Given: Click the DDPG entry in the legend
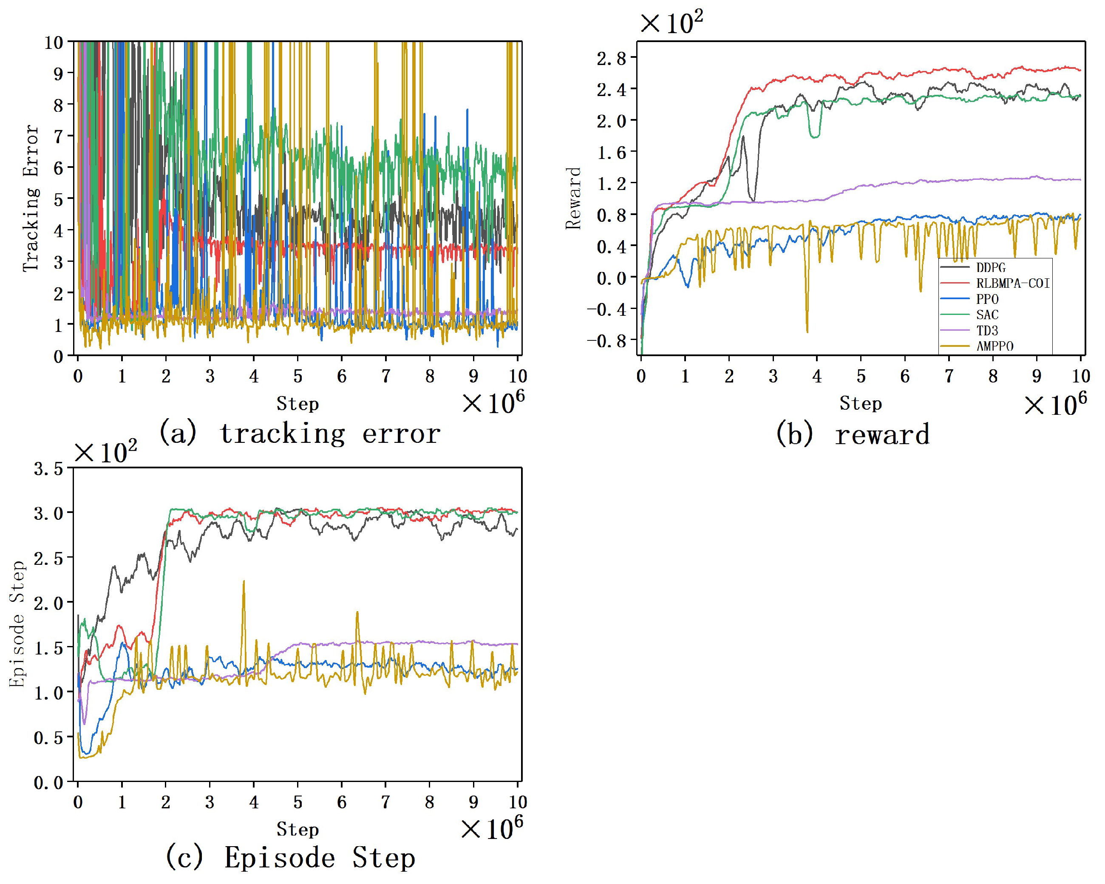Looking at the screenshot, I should tap(990, 267).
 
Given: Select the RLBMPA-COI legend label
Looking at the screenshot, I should tap(1012, 283).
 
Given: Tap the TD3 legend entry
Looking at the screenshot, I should tap(986, 331).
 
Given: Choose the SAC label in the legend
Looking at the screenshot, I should tap(986, 314).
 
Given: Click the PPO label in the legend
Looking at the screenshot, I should tap(986, 299).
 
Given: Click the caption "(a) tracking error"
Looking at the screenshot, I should tap(299, 433).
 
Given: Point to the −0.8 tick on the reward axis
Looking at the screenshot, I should tap(607, 341).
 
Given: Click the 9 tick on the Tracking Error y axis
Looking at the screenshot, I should tap(58, 73).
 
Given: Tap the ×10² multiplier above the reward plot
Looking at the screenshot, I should tap(671, 23).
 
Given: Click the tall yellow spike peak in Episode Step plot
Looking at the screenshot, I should tap(244, 582).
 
